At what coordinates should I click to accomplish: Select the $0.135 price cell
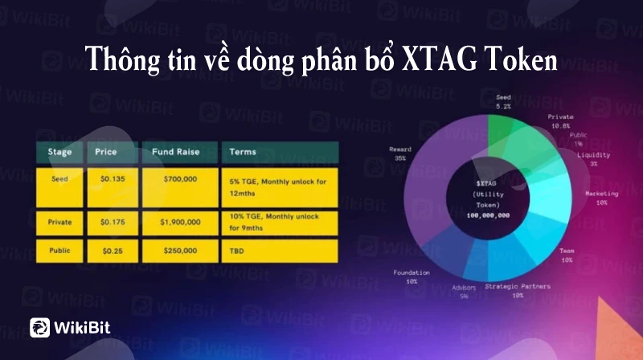point(113,187)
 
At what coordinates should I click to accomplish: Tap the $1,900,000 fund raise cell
point(180,223)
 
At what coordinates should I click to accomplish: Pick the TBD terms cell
point(280,251)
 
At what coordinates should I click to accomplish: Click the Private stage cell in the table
point(59,223)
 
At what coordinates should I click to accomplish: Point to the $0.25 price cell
point(113,251)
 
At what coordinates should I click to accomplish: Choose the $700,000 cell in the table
point(180,187)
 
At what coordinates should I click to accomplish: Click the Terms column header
point(280,152)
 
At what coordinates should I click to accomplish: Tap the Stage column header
point(59,152)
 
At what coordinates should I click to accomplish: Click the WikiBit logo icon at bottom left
point(39,328)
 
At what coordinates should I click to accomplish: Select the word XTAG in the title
point(440,59)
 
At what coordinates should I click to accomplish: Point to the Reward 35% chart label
point(399,153)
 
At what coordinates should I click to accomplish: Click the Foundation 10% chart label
point(412,276)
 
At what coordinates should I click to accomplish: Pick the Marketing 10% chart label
point(601,198)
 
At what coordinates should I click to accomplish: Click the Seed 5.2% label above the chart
point(503,102)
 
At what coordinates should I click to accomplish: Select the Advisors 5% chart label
point(464,292)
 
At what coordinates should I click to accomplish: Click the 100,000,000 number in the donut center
point(488,215)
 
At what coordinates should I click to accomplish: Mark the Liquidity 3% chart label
point(593,159)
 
